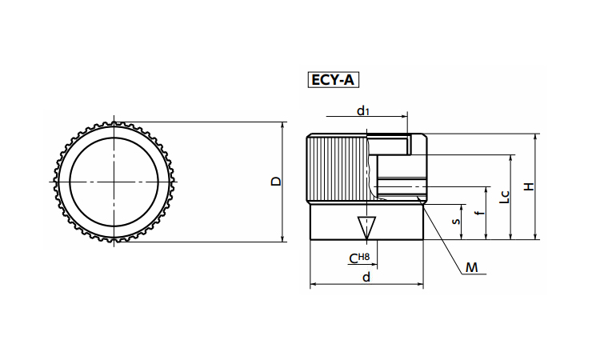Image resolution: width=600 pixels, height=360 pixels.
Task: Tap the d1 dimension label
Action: tap(363, 110)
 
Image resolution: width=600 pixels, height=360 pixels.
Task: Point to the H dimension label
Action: tap(528, 186)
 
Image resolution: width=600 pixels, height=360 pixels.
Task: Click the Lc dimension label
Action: tap(503, 197)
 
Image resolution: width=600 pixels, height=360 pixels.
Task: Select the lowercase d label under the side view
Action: tap(366, 277)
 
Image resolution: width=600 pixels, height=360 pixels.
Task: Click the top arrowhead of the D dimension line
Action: tap(283, 126)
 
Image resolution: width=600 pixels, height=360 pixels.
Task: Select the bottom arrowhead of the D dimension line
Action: tap(283, 238)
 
